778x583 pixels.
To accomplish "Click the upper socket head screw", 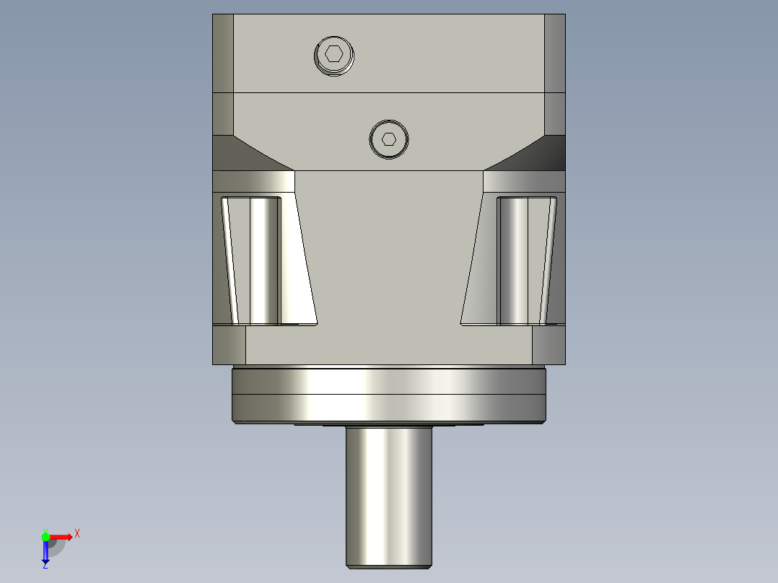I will [x=335, y=56].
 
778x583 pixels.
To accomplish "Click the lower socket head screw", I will [x=388, y=139].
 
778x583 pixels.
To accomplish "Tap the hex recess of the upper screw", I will [x=333, y=53].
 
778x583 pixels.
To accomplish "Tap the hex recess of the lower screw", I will [x=389, y=139].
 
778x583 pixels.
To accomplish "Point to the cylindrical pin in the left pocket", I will [x=265, y=260].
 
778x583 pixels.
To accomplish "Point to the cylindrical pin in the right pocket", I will [x=513, y=260].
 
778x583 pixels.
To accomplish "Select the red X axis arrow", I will [x=61, y=536].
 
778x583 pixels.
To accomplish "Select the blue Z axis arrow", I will [x=45, y=553].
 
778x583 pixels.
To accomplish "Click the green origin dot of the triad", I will [x=45, y=536].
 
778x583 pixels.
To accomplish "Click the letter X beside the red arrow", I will [x=77, y=534].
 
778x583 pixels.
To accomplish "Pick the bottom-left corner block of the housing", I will [x=229, y=345].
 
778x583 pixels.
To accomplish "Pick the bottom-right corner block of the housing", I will [x=548, y=345].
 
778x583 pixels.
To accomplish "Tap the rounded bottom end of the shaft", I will [x=388, y=564].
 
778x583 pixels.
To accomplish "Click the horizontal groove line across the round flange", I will [x=388, y=395].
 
